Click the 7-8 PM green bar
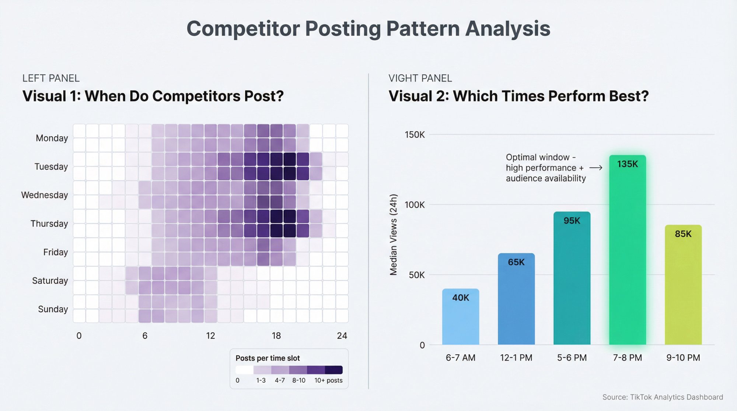[x=627, y=250]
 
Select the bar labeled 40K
[x=461, y=317]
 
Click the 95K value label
[x=572, y=221]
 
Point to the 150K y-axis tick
[x=415, y=135]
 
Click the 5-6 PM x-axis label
[x=572, y=358]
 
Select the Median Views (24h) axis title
[x=394, y=235]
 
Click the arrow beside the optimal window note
[x=596, y=168]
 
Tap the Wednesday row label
[x=45, y=195]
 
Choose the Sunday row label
[x=53, y=309]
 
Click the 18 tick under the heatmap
[x=276, y=336]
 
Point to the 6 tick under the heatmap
[x=145, y=336]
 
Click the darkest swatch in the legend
[x=334, y=370]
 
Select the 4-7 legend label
[x=280, y=380]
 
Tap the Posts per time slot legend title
[x=268, y=358]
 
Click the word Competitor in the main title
[x=243, y=29]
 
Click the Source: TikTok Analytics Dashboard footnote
[x=663, y=397]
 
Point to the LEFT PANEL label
[x=51, y=78]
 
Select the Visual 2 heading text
[x=518, y=96]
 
